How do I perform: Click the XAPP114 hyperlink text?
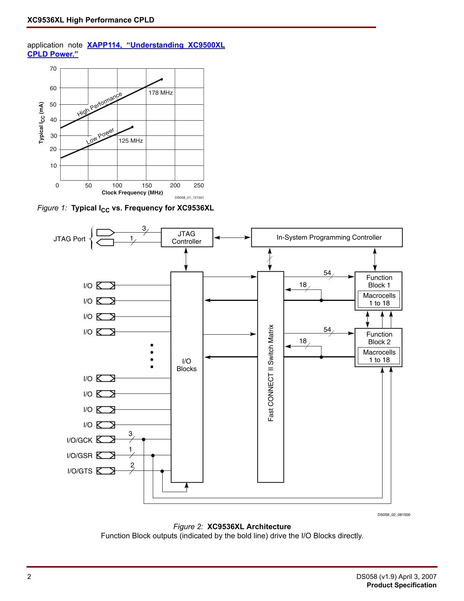click(156, 45)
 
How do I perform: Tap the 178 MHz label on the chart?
click(160, 93)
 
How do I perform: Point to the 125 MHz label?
click(131, 141)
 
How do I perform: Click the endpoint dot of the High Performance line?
click(162, 79)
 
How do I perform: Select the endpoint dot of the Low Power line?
click(132, 127)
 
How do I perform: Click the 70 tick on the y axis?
click(53, 69)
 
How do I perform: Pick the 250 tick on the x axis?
click(199, 186)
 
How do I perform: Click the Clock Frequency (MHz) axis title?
click(132, 193)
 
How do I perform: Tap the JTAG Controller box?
click(187, 238)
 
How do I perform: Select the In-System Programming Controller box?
click(327, 238)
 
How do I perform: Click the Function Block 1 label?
click(379, 282)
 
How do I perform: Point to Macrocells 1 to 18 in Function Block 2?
click(379, 356)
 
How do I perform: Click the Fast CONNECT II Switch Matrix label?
click(271, 373)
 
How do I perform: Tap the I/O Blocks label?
click(187, 365)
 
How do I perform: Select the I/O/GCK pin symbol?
click(106, 439)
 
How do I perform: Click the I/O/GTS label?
click(80, 471)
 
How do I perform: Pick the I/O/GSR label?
click(80, 456)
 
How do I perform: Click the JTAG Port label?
click(69, 239)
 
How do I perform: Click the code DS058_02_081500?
click(393, 515)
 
